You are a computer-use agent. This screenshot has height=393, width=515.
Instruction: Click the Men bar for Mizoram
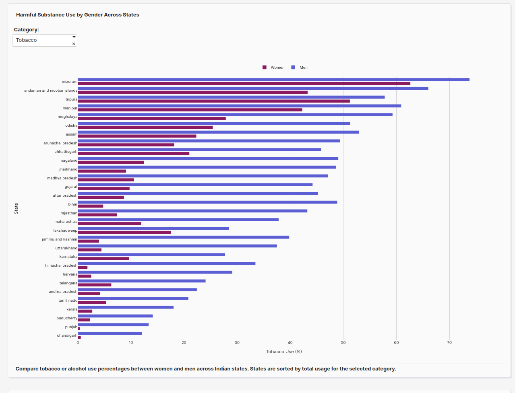coord(273,80)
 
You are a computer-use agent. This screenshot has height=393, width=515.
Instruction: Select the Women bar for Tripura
coord(213,101)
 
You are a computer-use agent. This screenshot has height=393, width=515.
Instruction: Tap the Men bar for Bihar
coord(207,202)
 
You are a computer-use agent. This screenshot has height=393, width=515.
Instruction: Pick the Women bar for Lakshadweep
coord(124,233)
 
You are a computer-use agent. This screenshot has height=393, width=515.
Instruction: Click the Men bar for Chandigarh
coord(110,333)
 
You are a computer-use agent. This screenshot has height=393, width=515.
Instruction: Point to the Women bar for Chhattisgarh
coord(133,154)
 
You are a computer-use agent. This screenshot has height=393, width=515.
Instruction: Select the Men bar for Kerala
coord(126,307)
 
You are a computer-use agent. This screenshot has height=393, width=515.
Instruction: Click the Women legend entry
coord(273,68)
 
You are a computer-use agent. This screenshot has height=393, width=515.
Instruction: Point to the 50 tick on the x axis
coord(343,343)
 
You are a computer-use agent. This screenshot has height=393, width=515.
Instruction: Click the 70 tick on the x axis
coord(449,343)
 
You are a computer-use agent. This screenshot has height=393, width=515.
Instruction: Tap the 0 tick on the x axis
coord(78,343)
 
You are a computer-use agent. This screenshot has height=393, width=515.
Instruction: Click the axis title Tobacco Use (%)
coord(284,352)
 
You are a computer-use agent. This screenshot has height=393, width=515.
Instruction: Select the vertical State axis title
coord(16,208)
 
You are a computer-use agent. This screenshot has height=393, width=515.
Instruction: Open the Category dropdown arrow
coord(74,37)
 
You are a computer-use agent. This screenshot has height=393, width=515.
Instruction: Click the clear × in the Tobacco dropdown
coord(74,44)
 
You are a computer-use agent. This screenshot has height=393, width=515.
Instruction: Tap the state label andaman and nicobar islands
coord(50,91)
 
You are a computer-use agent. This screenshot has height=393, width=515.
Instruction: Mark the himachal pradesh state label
coord(61,265)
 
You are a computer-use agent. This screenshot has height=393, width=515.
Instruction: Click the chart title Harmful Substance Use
coord(77,15)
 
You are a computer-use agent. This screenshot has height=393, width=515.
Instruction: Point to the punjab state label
coord(71,327)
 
